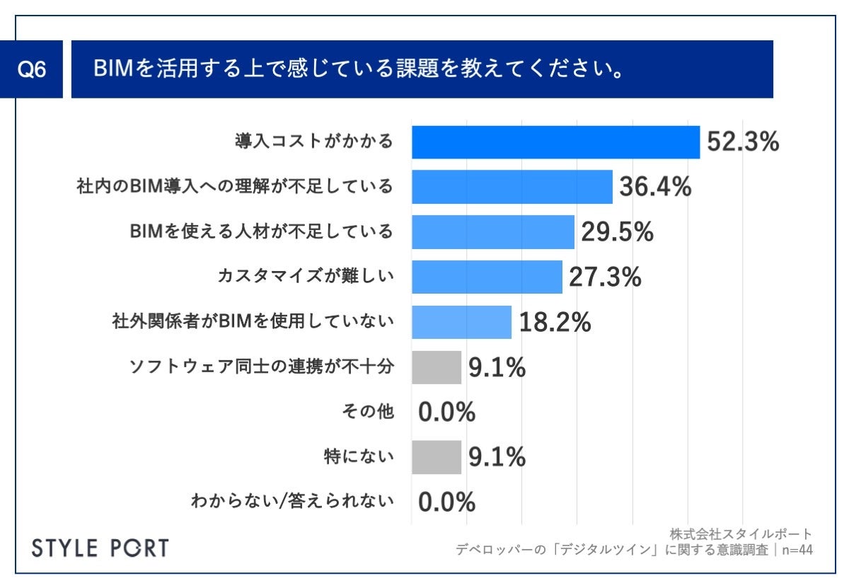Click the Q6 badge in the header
click(x=31, y=70)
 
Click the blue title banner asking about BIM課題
click(x=422, y=69)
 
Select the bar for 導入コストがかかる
click(x=555, y=142)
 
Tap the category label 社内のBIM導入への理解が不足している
click(x=234, y=188)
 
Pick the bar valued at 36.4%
click(x=512, y=188)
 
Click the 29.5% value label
click(x=617, y=232)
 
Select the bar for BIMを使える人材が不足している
click(x=493, y=232)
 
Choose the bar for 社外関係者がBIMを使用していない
click(x=461, y=322)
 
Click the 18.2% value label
click(x=555, y=322)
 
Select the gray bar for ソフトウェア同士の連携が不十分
click(x=437, y=367)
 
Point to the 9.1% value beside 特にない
click(x=497, y=457)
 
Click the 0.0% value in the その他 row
click(x=446, y=412)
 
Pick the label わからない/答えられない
click(x=291, y=502)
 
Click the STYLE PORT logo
click(x=101, y=548)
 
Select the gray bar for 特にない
click(x=437, y=457)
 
